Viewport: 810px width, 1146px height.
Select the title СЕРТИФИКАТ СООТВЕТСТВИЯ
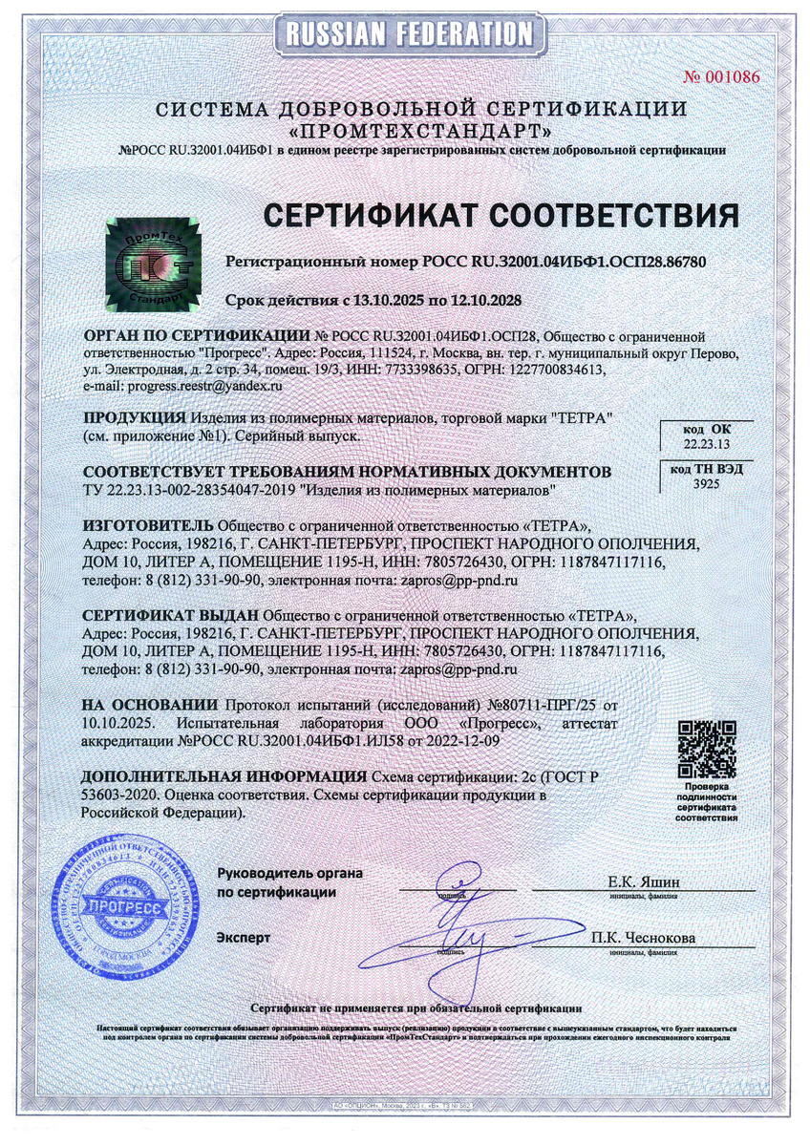tap(501, 215)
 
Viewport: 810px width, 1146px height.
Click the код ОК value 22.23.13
tap(706, 444)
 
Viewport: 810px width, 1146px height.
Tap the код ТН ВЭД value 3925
tap(706, 484)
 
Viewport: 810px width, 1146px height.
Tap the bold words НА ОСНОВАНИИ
tap(149, 704)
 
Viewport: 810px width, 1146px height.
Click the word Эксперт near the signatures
tap(244, 937)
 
